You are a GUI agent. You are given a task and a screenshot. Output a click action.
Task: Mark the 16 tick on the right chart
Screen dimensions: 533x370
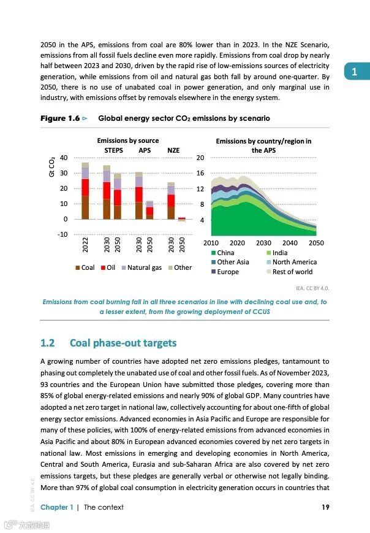click(x=200, y=174)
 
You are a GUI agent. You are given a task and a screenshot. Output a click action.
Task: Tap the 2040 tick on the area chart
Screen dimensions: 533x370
click(x=290, y=243)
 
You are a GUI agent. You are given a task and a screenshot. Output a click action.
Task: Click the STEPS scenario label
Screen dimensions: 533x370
click(x=113, y=150)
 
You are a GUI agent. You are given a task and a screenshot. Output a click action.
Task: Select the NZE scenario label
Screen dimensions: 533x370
click(x=173, y=150)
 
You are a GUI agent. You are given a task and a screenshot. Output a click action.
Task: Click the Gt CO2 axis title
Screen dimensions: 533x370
click(x=52, y=167)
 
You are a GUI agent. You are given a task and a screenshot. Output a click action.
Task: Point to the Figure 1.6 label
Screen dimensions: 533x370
click(x=60, y=118)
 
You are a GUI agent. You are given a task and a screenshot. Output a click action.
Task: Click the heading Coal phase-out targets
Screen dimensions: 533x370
click(x=123, y=343)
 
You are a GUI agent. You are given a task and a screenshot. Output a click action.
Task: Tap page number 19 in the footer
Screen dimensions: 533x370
click(x=325, y=507)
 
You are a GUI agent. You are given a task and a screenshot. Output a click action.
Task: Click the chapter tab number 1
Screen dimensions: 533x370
click(x=354, y=72)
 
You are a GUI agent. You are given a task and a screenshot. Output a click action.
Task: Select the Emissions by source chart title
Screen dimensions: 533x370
click(x=127, y=141)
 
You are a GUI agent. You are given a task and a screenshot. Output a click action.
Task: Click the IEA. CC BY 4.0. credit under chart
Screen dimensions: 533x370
click(x=312, y=287)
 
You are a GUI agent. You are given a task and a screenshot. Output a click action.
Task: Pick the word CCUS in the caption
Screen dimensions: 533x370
click(x=260, y=312)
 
